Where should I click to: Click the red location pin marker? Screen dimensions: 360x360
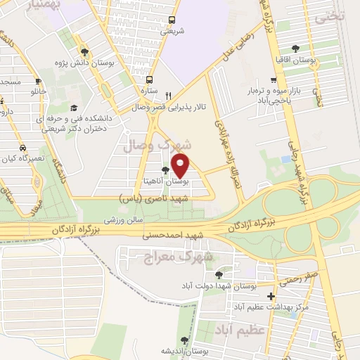tap(181, 166)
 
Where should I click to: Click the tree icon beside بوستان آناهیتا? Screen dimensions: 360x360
tap(165, 170)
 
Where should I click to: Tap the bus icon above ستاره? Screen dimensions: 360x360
tap(149, 79)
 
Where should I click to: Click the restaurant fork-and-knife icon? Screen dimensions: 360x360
tap(167, 96)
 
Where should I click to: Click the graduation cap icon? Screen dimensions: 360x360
tap(73, 108)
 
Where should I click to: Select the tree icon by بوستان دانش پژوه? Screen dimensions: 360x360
tap(84, 51)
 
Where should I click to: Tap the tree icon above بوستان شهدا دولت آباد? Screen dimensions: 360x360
tap(219, 274)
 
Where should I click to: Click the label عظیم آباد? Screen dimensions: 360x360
tap(242, 328)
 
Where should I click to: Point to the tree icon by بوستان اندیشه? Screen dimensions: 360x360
tap(184, 340)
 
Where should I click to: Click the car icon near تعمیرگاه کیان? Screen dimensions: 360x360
tap(23, 148)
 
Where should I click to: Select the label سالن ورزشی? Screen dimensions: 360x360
tap(124, 220)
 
